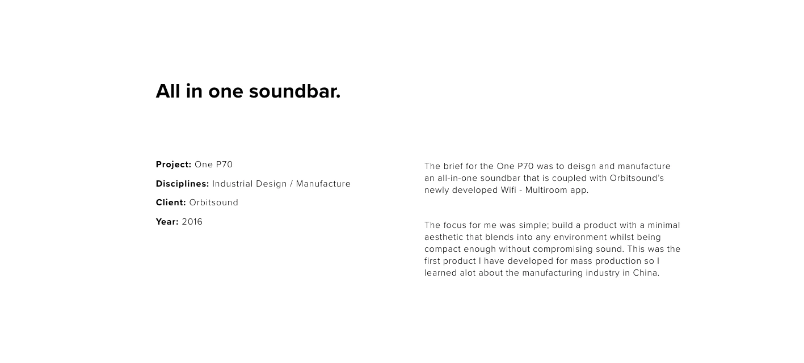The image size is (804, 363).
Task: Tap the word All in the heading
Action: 168,91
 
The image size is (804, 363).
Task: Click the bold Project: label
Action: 174,164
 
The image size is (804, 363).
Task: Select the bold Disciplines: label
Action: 182,184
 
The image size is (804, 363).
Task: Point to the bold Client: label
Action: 171,202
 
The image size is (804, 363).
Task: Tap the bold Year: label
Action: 167,222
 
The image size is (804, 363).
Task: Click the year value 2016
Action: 192,222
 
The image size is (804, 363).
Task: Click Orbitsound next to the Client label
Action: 213,202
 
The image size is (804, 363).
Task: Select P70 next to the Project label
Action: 224,164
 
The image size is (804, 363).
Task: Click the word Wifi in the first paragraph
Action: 508,190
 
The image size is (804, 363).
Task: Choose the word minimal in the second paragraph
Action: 664,225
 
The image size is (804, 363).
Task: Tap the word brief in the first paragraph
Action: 453,166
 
